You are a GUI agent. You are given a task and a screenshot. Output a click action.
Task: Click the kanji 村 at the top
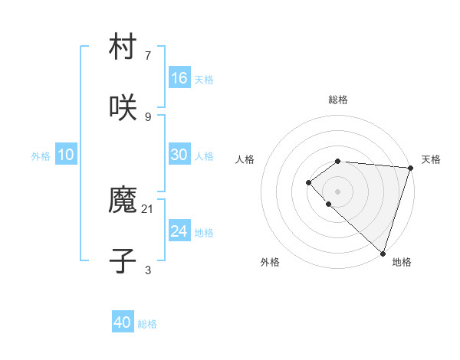click(x=123, y=48)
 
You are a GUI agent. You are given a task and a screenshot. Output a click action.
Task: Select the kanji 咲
click(x=123, y=106)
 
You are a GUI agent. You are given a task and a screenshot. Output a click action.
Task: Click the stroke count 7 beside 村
click(x=148, y=56)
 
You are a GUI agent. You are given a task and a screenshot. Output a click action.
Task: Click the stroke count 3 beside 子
click(x=148, y=270)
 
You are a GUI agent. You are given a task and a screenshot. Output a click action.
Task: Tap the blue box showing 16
click(x=179, y=78)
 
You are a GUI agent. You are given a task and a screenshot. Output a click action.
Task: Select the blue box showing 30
click(x=179, y=155)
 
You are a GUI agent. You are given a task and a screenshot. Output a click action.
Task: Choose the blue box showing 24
click(x=179, y=231)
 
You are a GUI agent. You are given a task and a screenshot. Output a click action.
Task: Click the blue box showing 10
click(x=66, y=155)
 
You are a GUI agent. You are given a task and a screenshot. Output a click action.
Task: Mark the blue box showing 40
click(x=123, y=322)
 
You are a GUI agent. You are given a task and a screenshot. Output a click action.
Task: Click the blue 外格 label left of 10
click(x=41, y=156)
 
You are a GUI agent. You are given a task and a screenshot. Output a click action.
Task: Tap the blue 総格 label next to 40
click(x=147, y=324)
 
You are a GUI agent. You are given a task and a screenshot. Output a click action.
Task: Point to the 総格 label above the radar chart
click(x=338, y=100)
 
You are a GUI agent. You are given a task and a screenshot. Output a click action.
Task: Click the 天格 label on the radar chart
click(x=431, y=159)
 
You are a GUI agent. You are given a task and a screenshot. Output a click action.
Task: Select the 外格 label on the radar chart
click(x=270, y=262)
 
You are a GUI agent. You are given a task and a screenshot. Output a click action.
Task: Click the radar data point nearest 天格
click(x=411, y=168)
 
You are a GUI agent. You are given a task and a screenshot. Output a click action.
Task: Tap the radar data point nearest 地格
click(x=383, y=253)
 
